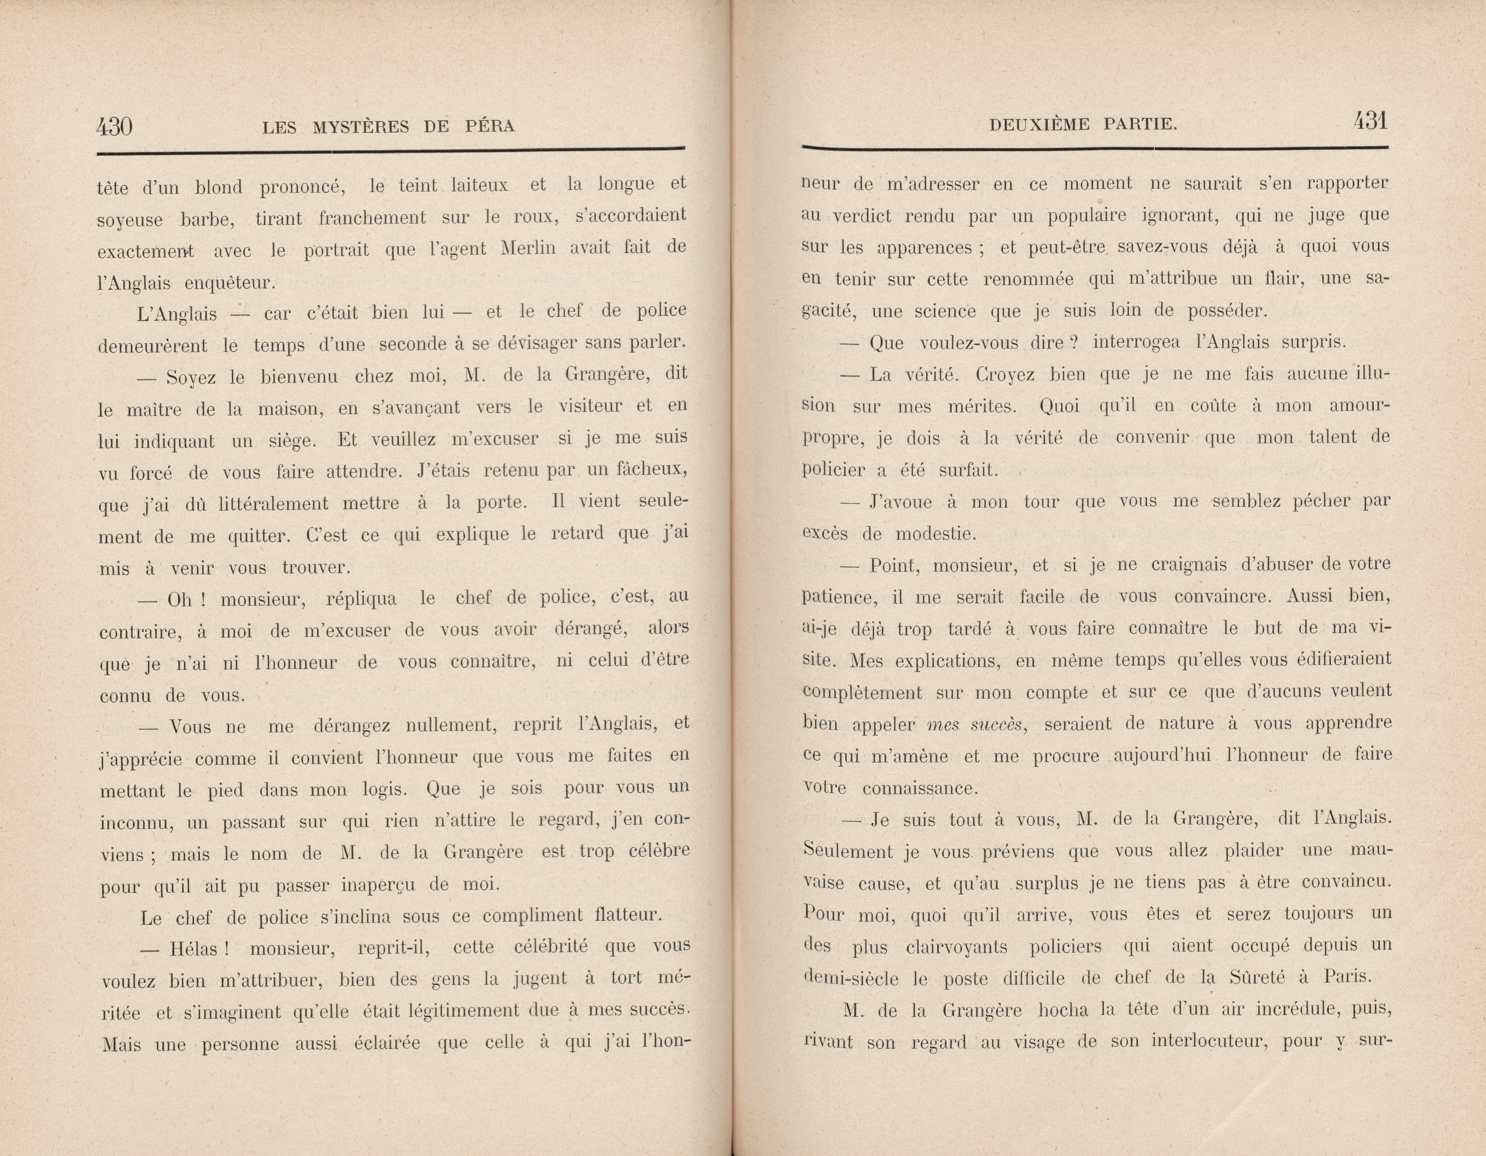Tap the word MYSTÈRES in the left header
click(x=361, y=127)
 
